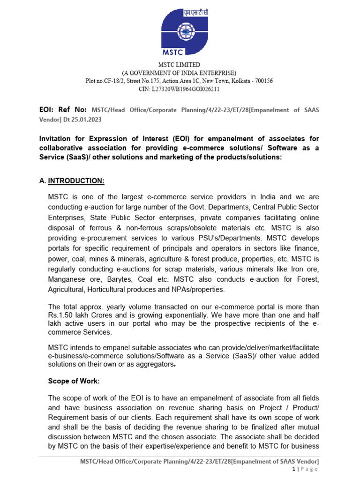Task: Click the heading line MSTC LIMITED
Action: [179, 65]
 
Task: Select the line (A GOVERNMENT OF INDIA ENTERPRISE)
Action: [179, 73]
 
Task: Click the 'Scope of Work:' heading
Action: [74, 381]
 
